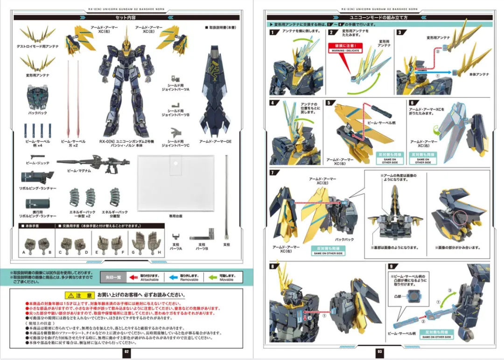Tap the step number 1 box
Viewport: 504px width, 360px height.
pyautogui.click(x=273, y=32)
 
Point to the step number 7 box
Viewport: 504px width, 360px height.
pyautogui.click(x=273, y=173)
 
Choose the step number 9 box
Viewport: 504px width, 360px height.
pyautogui.click(x=390, y=266)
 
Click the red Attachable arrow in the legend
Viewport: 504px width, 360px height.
pyautogui.click(x=133, y=277)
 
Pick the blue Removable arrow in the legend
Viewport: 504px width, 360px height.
pyautogui.click(x=173, y=277)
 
